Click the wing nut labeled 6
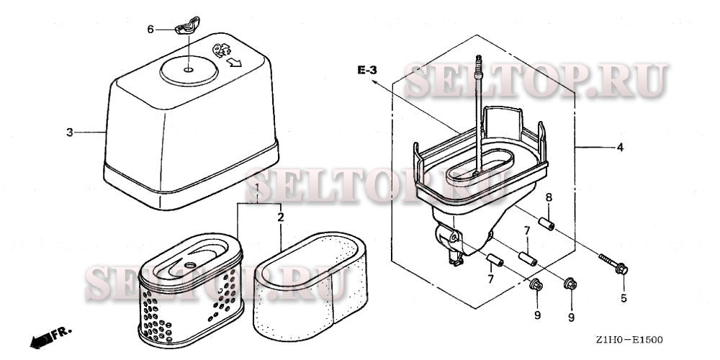click(x=187, y=26)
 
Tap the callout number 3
click(x=69, y=132)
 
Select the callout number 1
click(x=258, y=187)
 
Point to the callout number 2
click(x=280, y=217)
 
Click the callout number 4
click(x=620, y=148)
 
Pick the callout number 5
click(x=624, y=298)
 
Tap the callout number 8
click(x=549, y=197)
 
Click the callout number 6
click(x=150, y=30)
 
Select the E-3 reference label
click(x=367, y=71)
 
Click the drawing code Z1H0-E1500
click(x=629, y=340)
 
